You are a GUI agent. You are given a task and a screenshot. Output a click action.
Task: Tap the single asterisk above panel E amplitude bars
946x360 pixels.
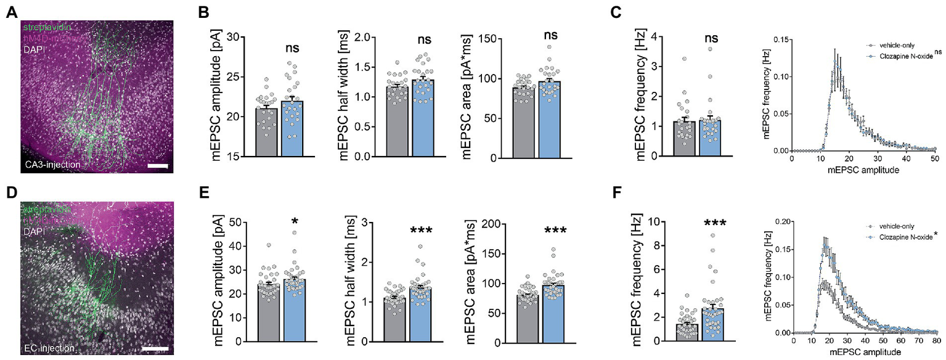pos(295,222)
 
